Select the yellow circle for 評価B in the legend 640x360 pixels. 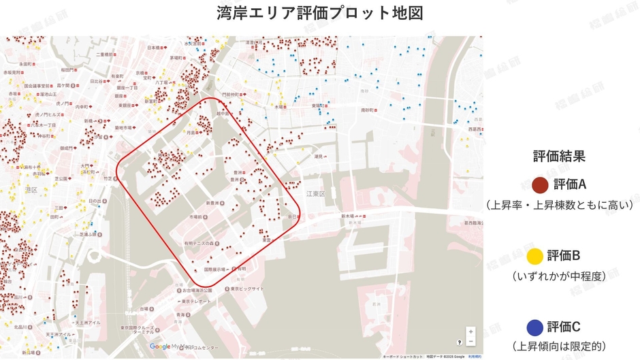tap(536, 256)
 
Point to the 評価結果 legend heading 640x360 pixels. tap(559, 156)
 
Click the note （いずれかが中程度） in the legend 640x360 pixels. tap(558, 276)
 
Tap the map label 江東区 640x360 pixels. tap(317, 194)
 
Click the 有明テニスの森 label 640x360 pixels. tap(197, 243)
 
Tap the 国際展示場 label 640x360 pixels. tap(217, 269)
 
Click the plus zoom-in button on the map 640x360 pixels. tap(470, 331)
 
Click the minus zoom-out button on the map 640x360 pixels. tap(470, 341)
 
